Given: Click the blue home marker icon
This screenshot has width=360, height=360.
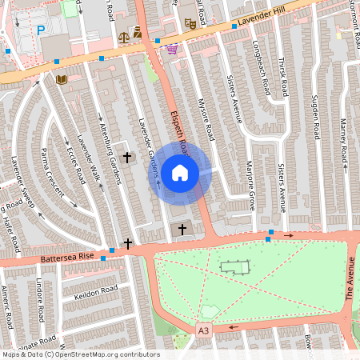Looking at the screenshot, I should (x=180, y=172).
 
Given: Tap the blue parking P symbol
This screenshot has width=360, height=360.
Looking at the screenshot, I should (x=41, y=31).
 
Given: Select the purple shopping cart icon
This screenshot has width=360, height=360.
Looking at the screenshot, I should (x=172, y=49).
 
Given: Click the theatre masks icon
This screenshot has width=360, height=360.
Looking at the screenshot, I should (x=190, y=23).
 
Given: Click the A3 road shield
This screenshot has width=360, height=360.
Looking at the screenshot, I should (x=203, y=330).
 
